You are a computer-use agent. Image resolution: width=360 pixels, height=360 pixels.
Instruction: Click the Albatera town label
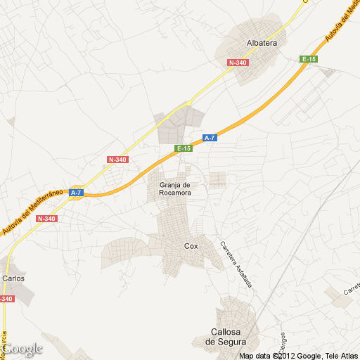pyautogui.click(x=262, y=42)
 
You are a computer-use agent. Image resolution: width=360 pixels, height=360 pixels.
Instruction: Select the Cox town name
pyautogui.click(x=191, y=246)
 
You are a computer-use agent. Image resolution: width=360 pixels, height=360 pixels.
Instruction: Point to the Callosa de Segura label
pyautogui.click(x=225, y=336)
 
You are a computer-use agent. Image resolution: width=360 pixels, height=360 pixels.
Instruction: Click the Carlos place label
pyautogui.click(x=13, y=278)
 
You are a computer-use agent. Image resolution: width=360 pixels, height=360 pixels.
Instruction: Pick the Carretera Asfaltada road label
pyautogui.click(x=236, y=266)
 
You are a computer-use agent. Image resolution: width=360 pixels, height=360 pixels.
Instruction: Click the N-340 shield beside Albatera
pyautogui.click(x=238, y=63)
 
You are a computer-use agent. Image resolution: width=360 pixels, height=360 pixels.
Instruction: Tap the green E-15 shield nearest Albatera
pyautogui.click(x=309, y=59)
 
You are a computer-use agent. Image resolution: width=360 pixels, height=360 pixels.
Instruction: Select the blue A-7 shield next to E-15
pyautogui.click(x=210, y=138)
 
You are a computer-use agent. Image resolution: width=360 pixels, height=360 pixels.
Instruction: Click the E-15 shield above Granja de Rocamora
pyautogui.click(x=184, y=148)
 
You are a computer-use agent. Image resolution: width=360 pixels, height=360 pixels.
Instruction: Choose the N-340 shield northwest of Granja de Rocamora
pyautogui.click(x=117, y=160)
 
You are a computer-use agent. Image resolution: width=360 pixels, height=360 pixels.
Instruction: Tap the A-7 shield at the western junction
pyautogui.click(x=76, y=193)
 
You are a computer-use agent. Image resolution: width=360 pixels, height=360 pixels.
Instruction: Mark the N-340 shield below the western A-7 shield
pyautogui.click(x=46, y=219)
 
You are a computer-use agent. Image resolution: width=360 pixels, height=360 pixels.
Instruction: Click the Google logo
pyautogui.click(x=22, y=349)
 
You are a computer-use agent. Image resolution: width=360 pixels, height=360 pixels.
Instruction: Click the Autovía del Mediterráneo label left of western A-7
pyautogui.click(x=32, y=211)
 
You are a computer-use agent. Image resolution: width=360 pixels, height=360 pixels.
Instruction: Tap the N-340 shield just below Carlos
pyautogui.click(x=6, y=299)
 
